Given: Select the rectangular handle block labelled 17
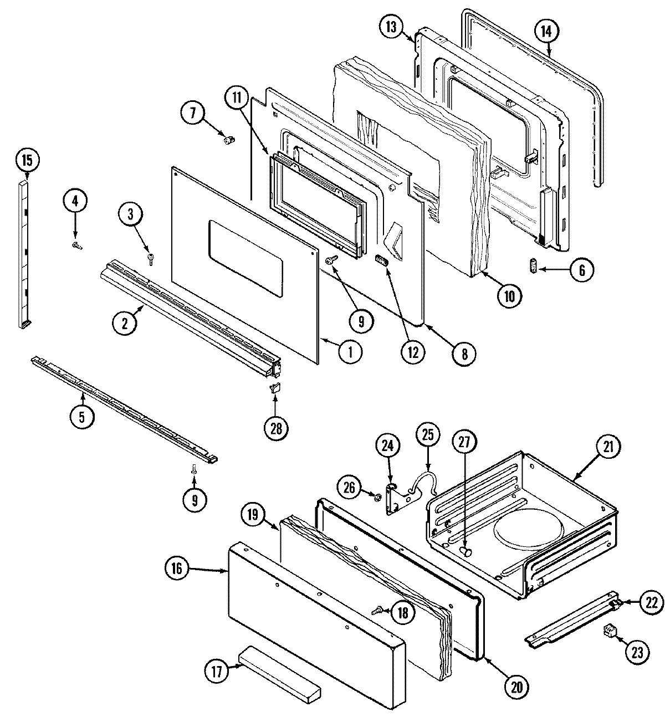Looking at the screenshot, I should [280, 674].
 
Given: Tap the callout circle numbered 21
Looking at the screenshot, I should [608, 447].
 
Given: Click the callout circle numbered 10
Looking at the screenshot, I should [509, 296].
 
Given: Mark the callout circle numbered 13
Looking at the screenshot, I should [392, 28].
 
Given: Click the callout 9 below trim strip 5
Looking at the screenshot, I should [194, 500].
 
